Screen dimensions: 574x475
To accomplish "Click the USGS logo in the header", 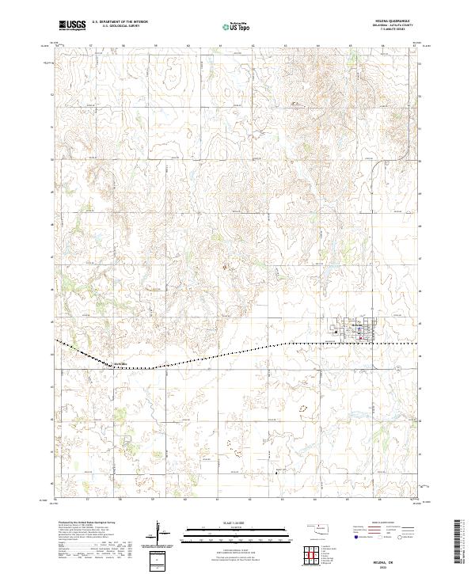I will tap(72, 25).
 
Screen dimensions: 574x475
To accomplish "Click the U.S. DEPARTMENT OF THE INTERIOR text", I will tap(120, 22).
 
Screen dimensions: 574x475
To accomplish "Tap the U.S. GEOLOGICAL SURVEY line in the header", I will tap(115, 27).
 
